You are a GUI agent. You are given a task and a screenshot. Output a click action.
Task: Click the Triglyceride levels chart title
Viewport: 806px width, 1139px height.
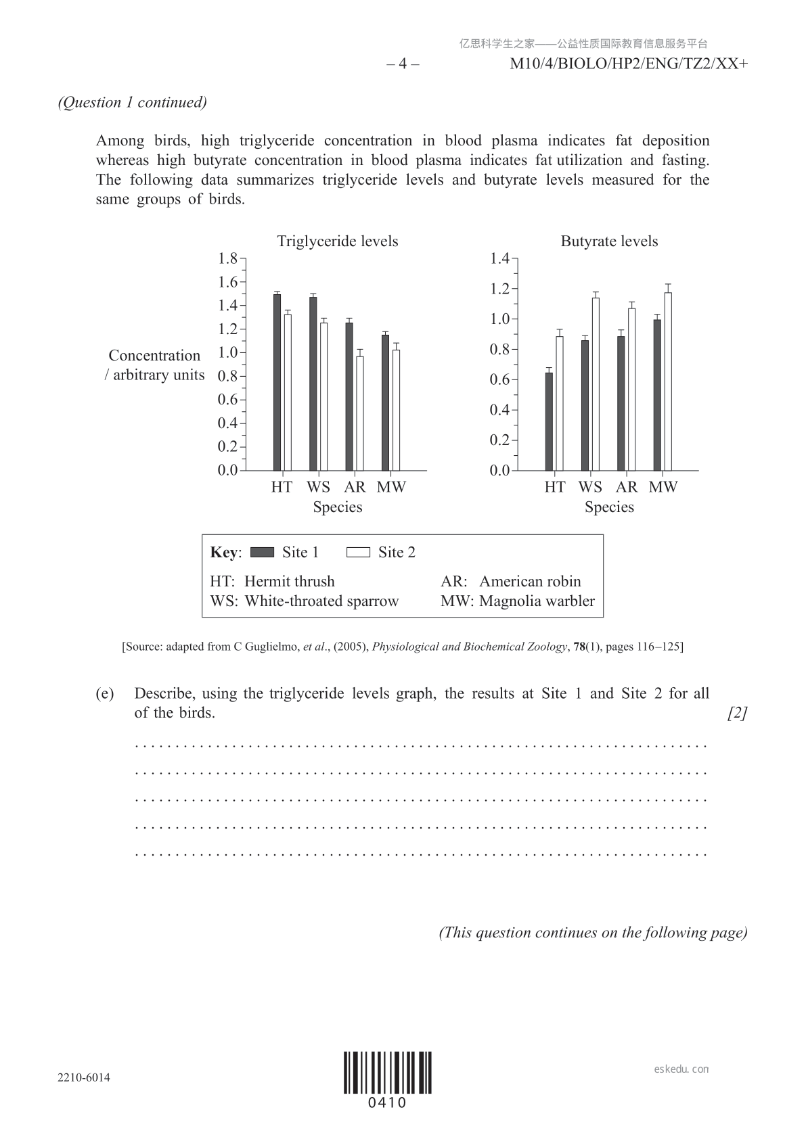tap(337, 241)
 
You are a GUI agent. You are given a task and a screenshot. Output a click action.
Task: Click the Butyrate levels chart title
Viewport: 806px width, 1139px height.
tap(609, 241)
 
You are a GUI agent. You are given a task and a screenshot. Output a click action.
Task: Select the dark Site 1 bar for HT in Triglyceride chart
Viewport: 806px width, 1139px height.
tap(277, 382)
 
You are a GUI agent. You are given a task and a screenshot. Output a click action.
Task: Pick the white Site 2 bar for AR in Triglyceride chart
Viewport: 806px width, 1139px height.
tap(360, 413)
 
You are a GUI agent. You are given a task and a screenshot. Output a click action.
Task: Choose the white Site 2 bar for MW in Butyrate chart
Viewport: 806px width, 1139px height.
tap(668, 381)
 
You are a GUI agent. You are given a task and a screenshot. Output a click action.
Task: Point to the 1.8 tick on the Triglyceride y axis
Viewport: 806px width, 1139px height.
tap(228, 258)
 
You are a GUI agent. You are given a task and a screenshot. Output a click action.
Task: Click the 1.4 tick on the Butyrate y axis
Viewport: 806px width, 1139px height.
tap(499, 258)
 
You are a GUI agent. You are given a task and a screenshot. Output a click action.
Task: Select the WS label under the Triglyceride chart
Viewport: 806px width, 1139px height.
tap(318, 487)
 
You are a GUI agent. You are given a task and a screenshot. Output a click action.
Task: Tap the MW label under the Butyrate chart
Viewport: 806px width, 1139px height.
tap(663, 487)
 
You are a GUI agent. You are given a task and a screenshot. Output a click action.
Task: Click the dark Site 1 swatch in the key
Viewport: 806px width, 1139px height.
tap(262, 553)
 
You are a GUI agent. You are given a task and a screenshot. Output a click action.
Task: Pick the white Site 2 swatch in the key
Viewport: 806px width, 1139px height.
tap(358, 553)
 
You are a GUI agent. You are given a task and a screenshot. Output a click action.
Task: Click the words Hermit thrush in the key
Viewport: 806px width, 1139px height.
tap(289, 582)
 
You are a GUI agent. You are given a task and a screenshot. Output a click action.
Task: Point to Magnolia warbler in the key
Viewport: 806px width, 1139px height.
tap(537, 601)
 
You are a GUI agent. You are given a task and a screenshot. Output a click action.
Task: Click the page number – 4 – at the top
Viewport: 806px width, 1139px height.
tap(403, 64)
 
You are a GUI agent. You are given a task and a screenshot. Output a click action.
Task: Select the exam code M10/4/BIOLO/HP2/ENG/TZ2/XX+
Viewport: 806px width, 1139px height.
tap(629, 64)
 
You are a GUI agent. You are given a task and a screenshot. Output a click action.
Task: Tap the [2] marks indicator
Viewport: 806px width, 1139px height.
tap(737, 713)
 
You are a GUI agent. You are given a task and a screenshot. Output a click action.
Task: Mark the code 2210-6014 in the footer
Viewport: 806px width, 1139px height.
tap(84, 1077)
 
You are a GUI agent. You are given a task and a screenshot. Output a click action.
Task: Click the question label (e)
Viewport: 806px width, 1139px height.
tap(104, 693)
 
